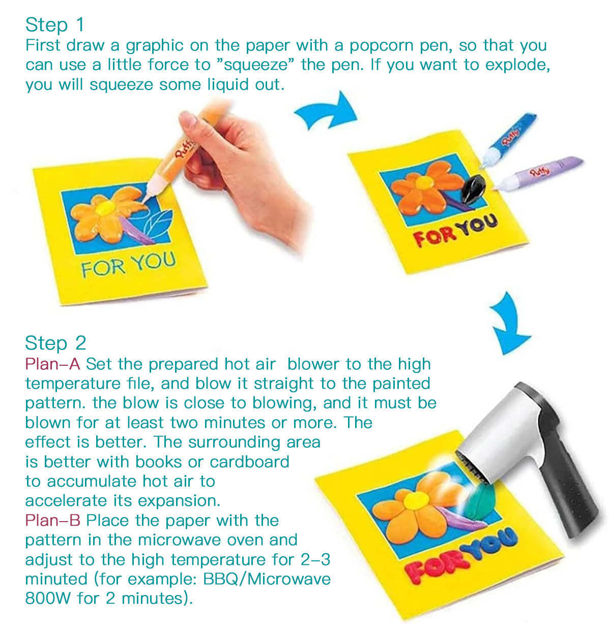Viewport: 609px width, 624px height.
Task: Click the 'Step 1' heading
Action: coord(54,24)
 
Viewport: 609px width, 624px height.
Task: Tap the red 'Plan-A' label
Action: coord(53,364)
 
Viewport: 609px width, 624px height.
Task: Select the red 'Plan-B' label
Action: coord(53,521)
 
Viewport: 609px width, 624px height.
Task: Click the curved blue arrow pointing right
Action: coord(326,113)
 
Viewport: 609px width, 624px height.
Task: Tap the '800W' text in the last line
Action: coord(48,598)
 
